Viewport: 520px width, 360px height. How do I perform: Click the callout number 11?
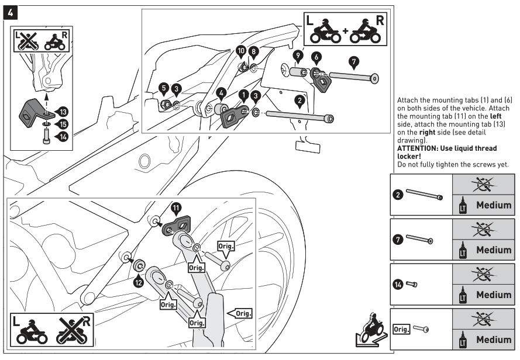[176, 208]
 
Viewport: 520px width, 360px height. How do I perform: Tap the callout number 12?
[139, 282]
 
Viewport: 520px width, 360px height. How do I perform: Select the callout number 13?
[63, 112]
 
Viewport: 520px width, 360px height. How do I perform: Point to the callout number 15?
[63, 124]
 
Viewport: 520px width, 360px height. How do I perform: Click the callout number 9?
[298, 55]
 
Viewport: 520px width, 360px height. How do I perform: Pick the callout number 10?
[241, 51]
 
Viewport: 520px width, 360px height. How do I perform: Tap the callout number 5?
[164, 88]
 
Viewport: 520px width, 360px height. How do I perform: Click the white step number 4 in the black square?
[11, 13]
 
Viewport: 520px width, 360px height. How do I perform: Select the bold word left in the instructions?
[495, 116]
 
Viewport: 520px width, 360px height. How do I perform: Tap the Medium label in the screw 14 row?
[494, 295]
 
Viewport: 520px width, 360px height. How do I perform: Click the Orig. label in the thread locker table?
[401, 329]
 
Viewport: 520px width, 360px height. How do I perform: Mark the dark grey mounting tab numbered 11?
[177, 225]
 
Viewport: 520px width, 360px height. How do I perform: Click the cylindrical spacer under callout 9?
[298, 72]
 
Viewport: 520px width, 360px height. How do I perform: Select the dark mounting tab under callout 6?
[321, 80]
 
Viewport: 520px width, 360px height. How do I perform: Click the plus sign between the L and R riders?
[346, 31]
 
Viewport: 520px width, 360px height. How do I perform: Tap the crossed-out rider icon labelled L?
[27, 41]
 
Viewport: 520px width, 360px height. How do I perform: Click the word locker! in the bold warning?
[409, 157]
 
